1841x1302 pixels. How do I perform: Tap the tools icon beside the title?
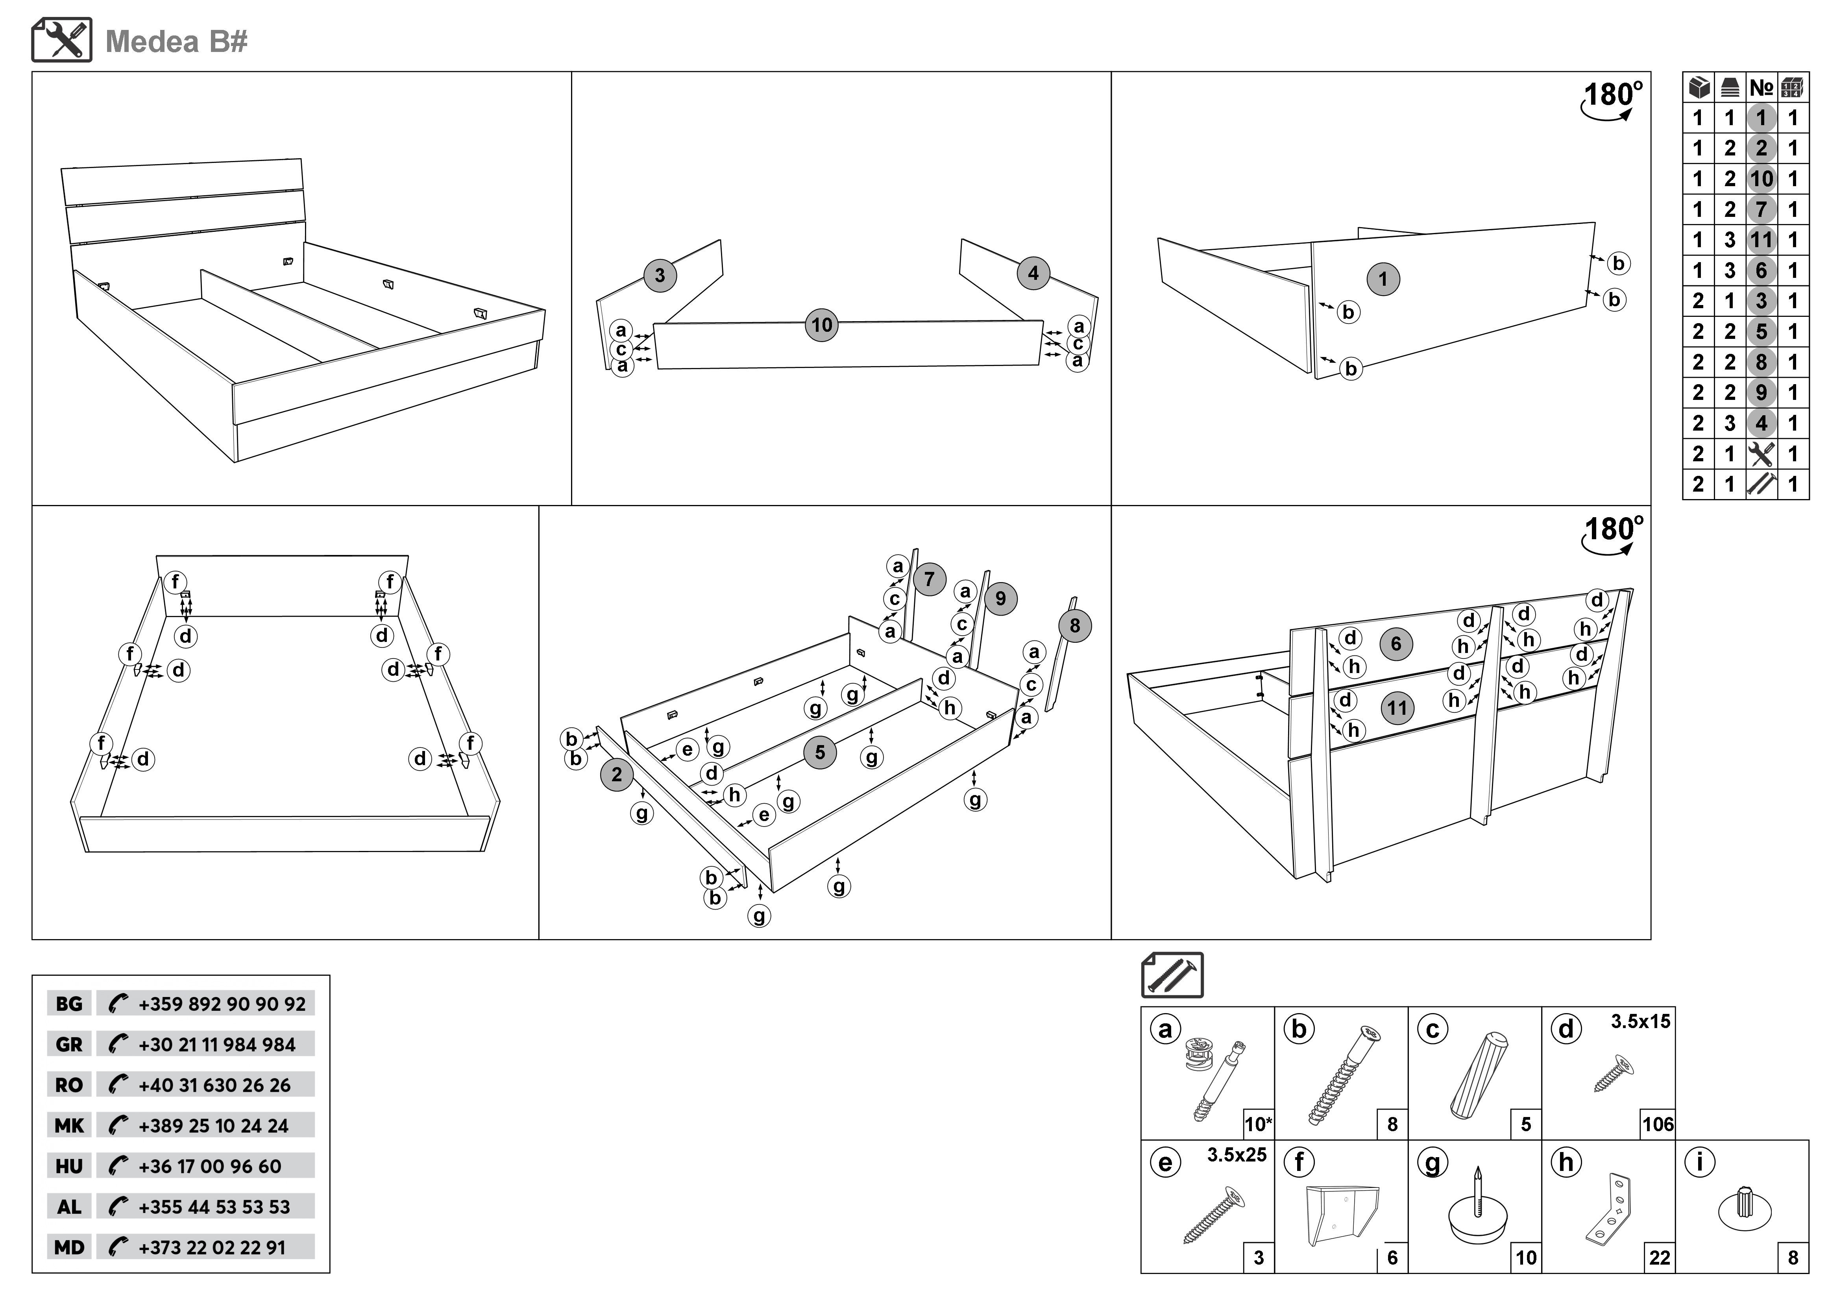[x=62, y=40]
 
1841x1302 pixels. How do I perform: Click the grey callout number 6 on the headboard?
[x=1396, y=644]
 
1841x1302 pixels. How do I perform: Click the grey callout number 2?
[x=616, y=775]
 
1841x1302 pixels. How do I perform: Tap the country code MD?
[x=69, y=1247]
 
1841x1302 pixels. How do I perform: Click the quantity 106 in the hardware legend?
[x=1657, y=1124]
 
